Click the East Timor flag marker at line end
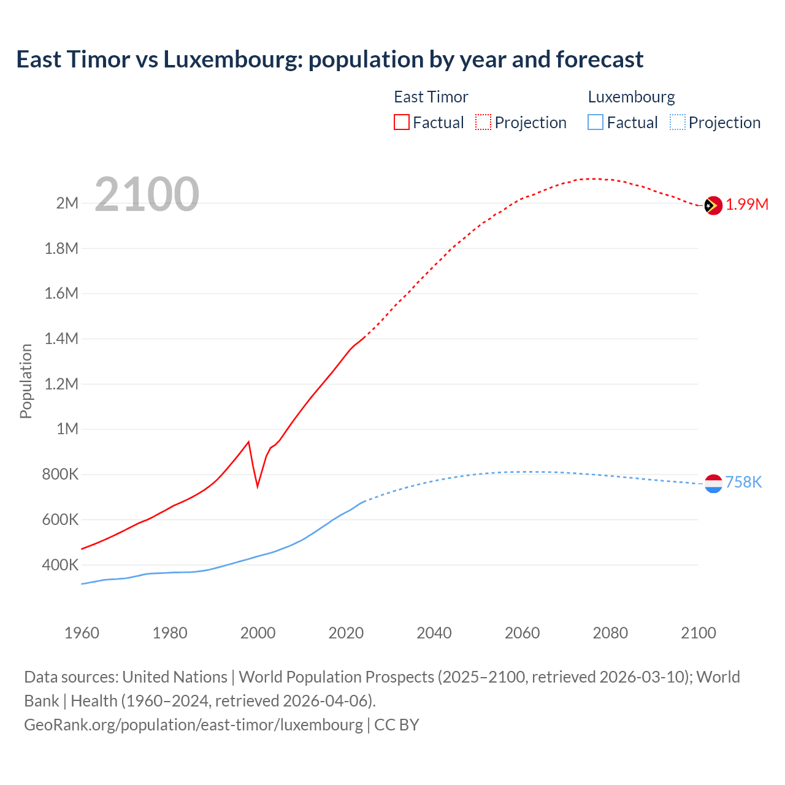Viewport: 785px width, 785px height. (x=713, y=206)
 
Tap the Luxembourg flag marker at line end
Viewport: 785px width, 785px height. (x=713, y=484)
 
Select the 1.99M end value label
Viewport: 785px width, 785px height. (x=747, y=205)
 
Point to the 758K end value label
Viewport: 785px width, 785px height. (x=743, y=483)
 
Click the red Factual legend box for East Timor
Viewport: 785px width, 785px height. (x=401, y=122)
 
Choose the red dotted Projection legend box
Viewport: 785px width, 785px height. (x=483, y=122)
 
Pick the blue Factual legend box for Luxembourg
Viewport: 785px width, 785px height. (x=595, y=122)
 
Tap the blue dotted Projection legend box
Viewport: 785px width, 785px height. (x=677, y=122)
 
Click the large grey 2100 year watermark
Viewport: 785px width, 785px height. (x=147, y=194)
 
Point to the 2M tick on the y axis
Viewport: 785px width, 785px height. (x=67, y=203)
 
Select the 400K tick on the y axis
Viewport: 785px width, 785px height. (x=60, y=565)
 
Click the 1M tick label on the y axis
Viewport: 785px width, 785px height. (x=67, y=429)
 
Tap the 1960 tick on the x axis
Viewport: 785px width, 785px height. (x=82, y=633)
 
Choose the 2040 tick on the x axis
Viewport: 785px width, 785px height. (x=434, y=633)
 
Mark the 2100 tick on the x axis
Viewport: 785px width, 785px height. (x=699, y=633)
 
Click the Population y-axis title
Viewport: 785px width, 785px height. (x=26, y=381)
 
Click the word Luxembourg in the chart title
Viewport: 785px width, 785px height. (x=232, y=59)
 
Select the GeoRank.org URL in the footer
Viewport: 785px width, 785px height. (x=193, y=725)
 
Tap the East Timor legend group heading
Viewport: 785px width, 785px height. (x=431, y=97)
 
